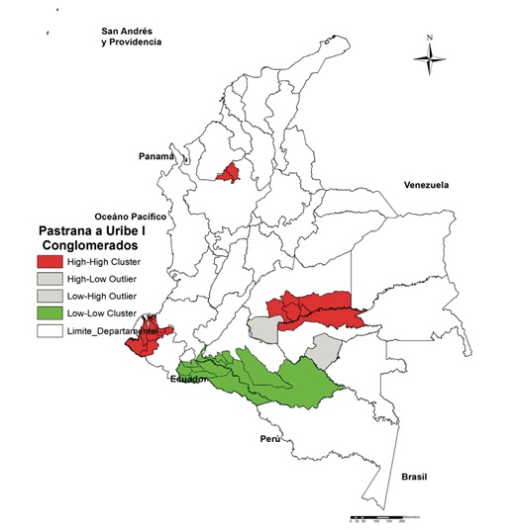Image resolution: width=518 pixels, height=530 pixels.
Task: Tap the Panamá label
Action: [x=155, y=157]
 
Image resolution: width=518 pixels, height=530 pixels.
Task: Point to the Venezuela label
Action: [x=427, y=185]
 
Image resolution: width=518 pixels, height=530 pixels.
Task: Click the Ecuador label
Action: [x=189, y=379]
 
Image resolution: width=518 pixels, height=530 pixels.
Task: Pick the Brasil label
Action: [x=416, y=477]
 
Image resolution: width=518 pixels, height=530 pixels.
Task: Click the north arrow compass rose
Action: [x=429, y=62]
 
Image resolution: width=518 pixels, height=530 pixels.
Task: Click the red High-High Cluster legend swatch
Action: [x=50, y=262]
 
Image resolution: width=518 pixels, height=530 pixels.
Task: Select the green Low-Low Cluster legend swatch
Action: [x=50, y=314]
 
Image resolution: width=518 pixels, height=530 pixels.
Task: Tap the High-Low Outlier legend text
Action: [x=103, y=280]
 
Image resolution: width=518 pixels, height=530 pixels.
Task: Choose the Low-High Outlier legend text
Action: [x=103, y=297]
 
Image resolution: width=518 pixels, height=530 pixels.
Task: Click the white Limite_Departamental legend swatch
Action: [x=50, y=332]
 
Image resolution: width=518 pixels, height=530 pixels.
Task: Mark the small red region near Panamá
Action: [x=230, y=173]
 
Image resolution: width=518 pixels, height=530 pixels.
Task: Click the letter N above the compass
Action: [x=429, y=40]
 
